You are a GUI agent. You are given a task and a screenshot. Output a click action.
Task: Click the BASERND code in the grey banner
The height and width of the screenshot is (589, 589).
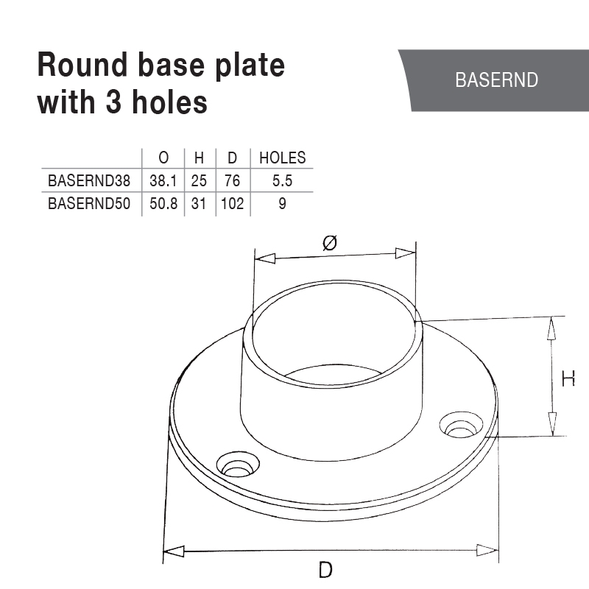point(497,80)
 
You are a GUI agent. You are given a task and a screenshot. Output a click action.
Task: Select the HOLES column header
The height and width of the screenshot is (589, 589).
point(282,158)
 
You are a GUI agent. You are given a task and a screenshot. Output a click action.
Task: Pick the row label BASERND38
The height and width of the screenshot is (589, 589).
point(88,180)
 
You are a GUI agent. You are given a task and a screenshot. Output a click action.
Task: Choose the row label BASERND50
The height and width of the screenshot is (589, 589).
point(88,204)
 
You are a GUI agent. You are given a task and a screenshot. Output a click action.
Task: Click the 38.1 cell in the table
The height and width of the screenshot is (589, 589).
point(163,180)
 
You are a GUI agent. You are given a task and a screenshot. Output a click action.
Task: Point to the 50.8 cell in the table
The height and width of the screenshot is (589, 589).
point(163,204)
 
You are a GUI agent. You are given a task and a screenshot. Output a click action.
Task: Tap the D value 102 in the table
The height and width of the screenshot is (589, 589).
point(232,204)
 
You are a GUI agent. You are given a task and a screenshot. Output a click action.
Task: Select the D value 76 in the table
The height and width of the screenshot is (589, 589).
point(232,180)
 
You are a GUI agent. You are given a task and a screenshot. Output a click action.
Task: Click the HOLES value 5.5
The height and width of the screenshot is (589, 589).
point(282,180)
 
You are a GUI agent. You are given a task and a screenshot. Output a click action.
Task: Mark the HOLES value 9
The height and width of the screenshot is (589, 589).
point(282,204)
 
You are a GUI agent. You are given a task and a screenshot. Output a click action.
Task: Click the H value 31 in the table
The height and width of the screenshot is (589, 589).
point(199,204)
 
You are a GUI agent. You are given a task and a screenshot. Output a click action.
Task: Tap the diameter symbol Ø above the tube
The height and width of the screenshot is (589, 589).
point(330,242)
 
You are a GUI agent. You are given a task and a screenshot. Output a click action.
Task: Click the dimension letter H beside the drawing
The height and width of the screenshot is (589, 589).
point(568,379)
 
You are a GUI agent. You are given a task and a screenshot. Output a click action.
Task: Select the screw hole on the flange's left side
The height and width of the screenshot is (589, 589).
point(238,466)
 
